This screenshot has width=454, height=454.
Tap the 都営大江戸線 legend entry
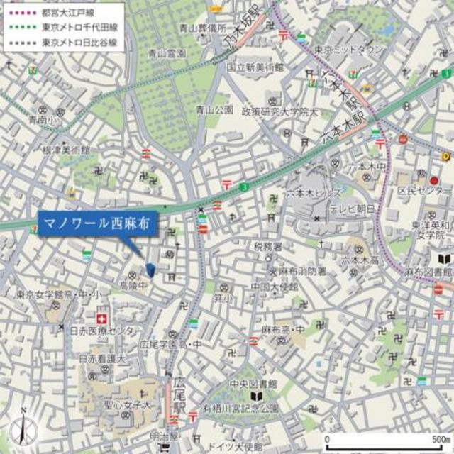(x=70, y=12)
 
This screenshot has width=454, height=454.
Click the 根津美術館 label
(x=66, y=150)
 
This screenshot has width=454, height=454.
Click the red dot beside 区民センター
(x=434, y=180)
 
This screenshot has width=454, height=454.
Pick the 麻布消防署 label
(x=300, y=271)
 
